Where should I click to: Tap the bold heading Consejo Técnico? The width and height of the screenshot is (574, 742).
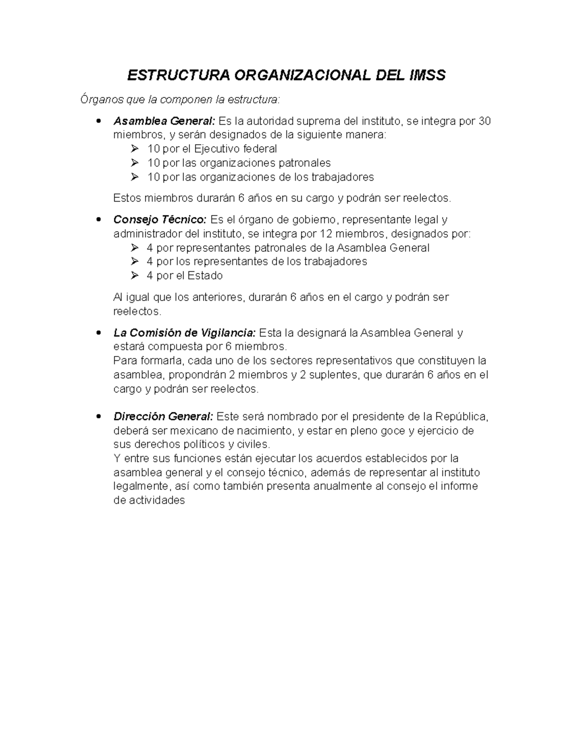pyautogui.click(x=160, y=220)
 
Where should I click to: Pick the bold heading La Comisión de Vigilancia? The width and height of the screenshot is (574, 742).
pyautogui.click(x=185, y=333)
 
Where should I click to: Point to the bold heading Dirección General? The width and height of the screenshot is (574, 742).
pyautogui.click(x=164, y=417)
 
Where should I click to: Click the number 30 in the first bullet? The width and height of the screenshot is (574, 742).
pyautogui.click(x=484, y=121)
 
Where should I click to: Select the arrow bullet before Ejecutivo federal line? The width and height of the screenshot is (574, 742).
pyautogui.click(x=134, y=149)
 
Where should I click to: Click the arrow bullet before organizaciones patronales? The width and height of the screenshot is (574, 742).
pyautogui.click(x=134, y=163)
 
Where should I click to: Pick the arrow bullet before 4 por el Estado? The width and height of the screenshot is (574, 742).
pyautogui.click(x=134, y=276)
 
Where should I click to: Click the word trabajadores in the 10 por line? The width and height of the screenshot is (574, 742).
pyautogui.click(x=342, y=177)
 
